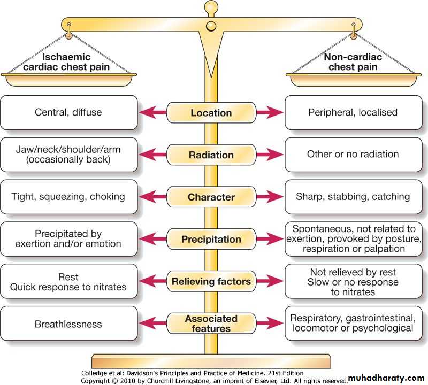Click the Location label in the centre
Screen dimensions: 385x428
pyautogui.click(x=211, y=113)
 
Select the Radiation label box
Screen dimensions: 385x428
pyautogui.click(x=211, y=155)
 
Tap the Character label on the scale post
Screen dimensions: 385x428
pyautogui.click(x=211, y=197)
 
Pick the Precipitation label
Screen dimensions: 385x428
pyautogui.click(x=211, y=239)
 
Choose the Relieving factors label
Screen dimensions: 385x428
pyautogui.click(x=211, y=281)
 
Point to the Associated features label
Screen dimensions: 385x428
pyautogui.click(x=211, y=324)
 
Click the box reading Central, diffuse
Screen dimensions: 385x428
pyautogui.click(x=68, y=113)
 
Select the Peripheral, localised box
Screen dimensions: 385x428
pyautogui.click(x=353, y=113)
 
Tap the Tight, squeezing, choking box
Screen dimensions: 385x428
pyautogui.click(x=68, y=197)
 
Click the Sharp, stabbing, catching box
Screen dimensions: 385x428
pyautogui.click(x=353, y=197)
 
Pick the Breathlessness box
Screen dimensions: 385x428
pyautogui.click(x=68, y=324)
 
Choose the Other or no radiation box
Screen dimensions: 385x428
pyautogui.click(x=353, y=155)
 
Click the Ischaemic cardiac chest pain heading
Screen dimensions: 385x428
pyautogui.click(x=68, y=62)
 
